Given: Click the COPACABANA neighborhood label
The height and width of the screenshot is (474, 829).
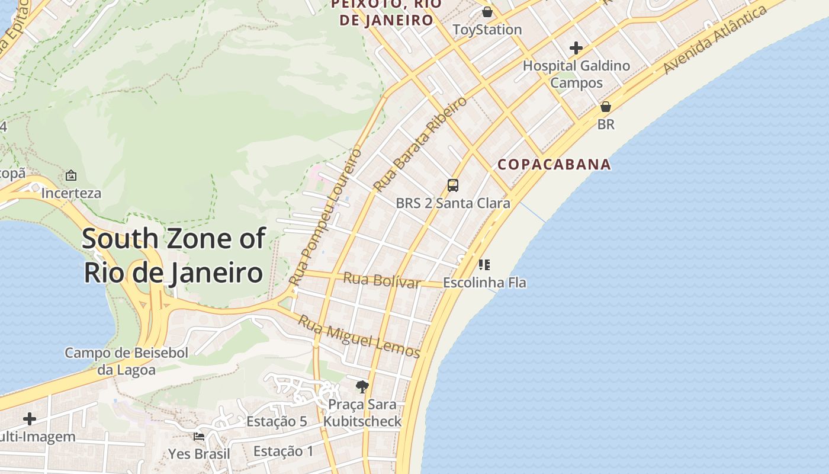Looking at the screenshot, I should (554, 164).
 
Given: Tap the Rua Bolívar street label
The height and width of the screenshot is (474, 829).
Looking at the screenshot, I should (382, 280).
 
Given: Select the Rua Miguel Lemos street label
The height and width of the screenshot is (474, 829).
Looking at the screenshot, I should (359, 337).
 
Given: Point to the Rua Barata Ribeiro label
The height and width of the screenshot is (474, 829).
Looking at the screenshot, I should (420, 144).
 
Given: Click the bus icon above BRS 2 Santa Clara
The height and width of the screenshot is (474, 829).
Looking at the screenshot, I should (453, 185).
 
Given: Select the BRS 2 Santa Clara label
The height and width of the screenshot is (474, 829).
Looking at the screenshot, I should (453, 203).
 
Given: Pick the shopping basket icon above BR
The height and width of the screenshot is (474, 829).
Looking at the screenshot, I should (606, 107).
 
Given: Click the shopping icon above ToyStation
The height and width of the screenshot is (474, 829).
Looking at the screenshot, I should (487, 12).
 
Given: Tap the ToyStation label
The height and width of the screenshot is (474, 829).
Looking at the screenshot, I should (487, 30).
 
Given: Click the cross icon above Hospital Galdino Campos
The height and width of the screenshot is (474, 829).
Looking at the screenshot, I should (576, 48).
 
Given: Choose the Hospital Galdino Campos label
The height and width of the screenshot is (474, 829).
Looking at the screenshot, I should (576, 74).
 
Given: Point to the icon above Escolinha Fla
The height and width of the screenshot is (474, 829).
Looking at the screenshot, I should (484, 264).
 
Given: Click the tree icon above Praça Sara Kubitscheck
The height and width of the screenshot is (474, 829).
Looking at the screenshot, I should (362, 387).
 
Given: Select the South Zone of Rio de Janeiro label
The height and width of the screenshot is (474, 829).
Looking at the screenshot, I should (173, 256).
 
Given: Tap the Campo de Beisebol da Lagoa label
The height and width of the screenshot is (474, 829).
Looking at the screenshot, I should (126, 361).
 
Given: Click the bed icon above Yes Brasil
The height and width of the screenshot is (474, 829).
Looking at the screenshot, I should (199, 437).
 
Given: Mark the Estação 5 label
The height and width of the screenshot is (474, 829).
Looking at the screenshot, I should (277, 422).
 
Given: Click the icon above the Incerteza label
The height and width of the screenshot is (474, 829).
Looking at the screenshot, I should (71, 175).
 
